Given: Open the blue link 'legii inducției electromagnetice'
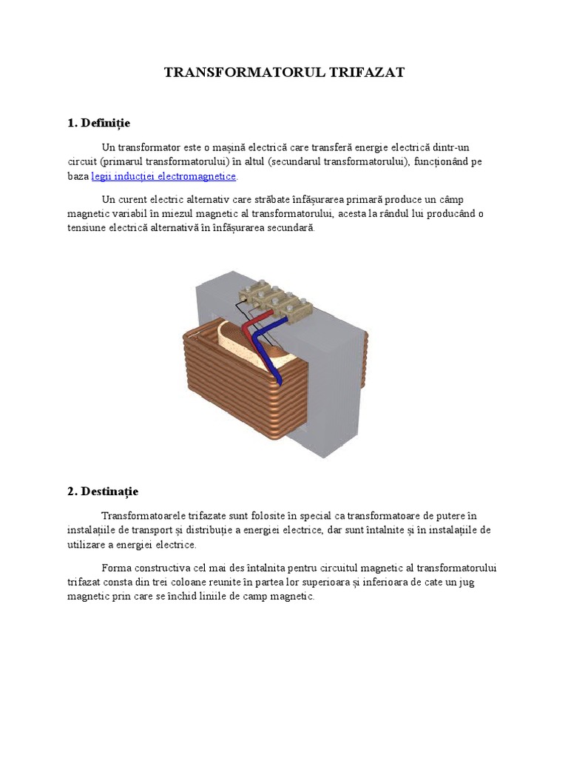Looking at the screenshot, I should pos(163,177).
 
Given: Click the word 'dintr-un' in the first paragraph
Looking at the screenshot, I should pos(450,147).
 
